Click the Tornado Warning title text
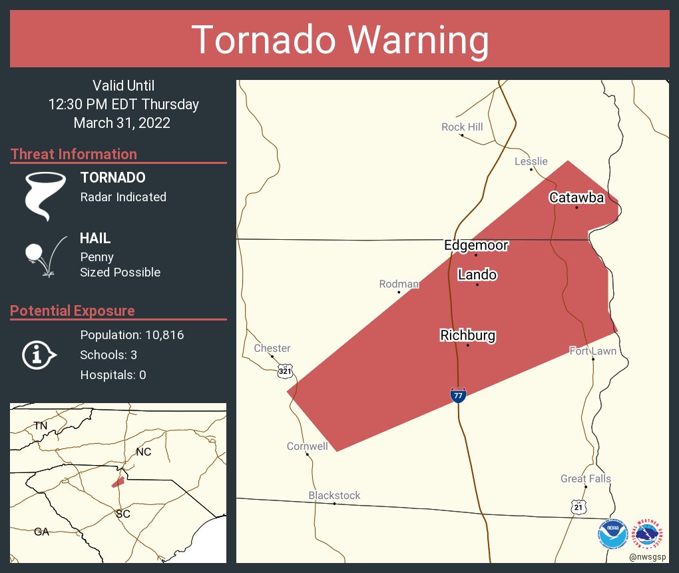[x=339, y=40]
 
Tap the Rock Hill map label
[x=462, y=127]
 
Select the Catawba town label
[x=576, y=197]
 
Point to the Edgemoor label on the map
[x=476, y=245]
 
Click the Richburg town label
[x=467, y=335]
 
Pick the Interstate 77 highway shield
[x=458, y=395]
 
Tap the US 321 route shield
[x=285, y=370]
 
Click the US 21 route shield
[x=579, y=507]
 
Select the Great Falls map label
[x=585, y=478]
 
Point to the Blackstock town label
[x=334, y=495]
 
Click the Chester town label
[x=272, y=348]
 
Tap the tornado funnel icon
[x=45, y=195]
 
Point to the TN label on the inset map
[x=41, y=425]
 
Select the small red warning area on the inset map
[x=117, y=482]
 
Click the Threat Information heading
[x=74, y=154]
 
